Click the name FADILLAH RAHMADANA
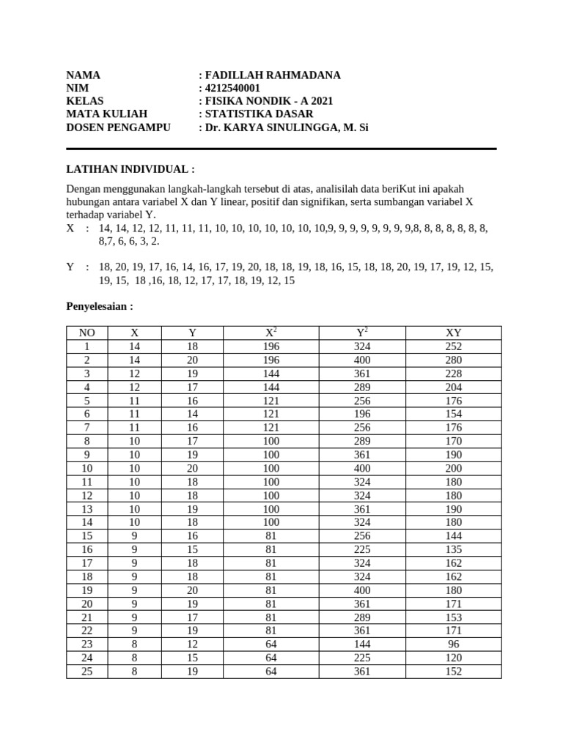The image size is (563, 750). tap(273, 75)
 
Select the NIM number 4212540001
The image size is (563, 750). tap(232, 89)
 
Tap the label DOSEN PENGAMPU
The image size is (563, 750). tap(118, 127)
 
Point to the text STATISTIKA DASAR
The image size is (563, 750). tap(259, 114)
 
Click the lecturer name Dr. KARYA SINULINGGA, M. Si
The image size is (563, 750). tap(287, 127)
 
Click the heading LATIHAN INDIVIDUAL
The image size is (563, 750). tap(130, 168)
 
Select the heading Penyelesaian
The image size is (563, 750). tap(100, 305)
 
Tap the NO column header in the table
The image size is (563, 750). tap(87, 333)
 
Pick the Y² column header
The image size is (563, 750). tap(361, 333)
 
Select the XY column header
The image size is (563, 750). tap(453, 333)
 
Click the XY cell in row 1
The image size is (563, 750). tap(453, 346)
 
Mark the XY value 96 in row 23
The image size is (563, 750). tap(453, 644)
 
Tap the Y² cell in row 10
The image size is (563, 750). tap(361, 468)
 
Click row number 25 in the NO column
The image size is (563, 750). tap(87, 671)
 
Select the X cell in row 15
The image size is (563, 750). tap(133, 535)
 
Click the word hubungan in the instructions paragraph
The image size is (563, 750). tap(88, 201)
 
